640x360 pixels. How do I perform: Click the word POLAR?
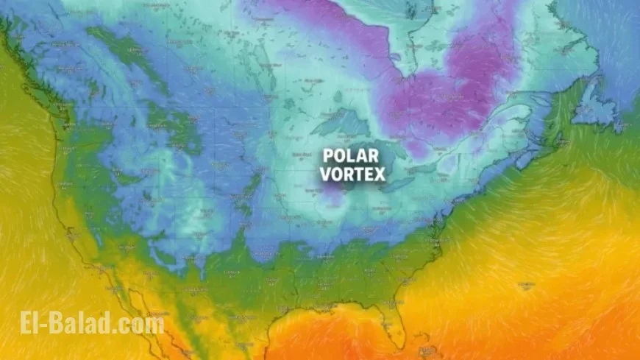[x=349, y=156]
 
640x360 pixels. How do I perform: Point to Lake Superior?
[x=340, y=122]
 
